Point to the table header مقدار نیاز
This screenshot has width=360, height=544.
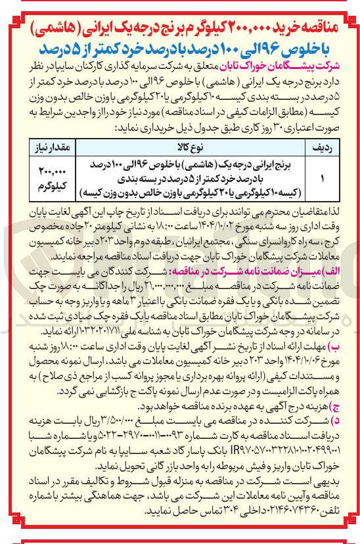50,144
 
